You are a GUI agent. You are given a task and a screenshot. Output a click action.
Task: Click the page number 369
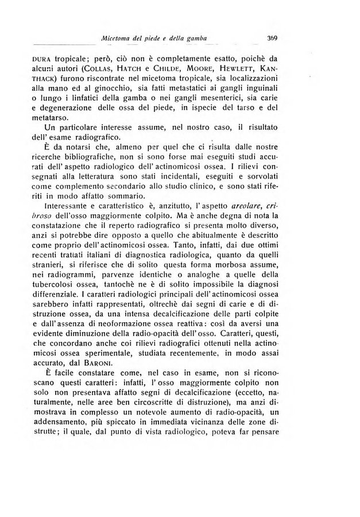[272, 38]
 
